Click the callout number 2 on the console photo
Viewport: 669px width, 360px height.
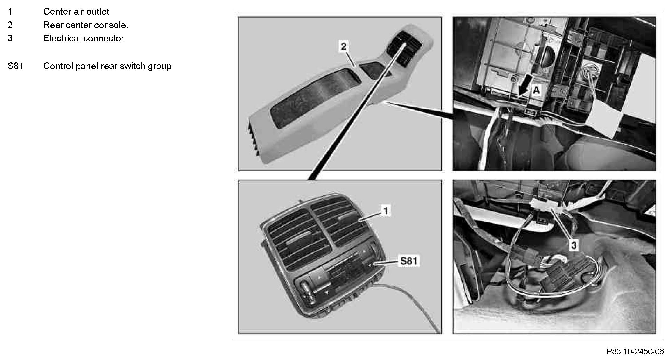[x=344, y=46]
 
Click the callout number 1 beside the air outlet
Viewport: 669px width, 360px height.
[x=386, y=211]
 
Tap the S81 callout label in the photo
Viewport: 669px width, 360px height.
[x=409, y=261]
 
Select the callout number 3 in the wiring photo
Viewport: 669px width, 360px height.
[x=574, y=245]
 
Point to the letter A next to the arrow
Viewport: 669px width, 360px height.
[x=536, y=90]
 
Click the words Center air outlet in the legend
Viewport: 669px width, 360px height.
[x=76, y=11]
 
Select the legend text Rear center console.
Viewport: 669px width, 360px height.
[x=86, y=25]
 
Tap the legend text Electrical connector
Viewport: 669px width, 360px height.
[x=83, y=38]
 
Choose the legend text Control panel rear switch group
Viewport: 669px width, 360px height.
[x=107, y=66]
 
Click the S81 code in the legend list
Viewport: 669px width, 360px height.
[x=15, y=66]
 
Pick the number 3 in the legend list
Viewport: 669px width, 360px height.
[x=10, y=38]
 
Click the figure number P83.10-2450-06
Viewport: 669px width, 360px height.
[x=635, y=351]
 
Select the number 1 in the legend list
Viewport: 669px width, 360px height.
[x=10, y=11]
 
